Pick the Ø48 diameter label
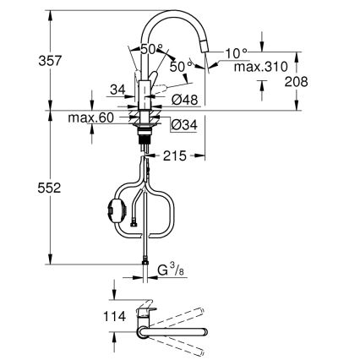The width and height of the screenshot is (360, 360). [184, 99]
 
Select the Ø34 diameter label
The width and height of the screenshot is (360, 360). [184, 125]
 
